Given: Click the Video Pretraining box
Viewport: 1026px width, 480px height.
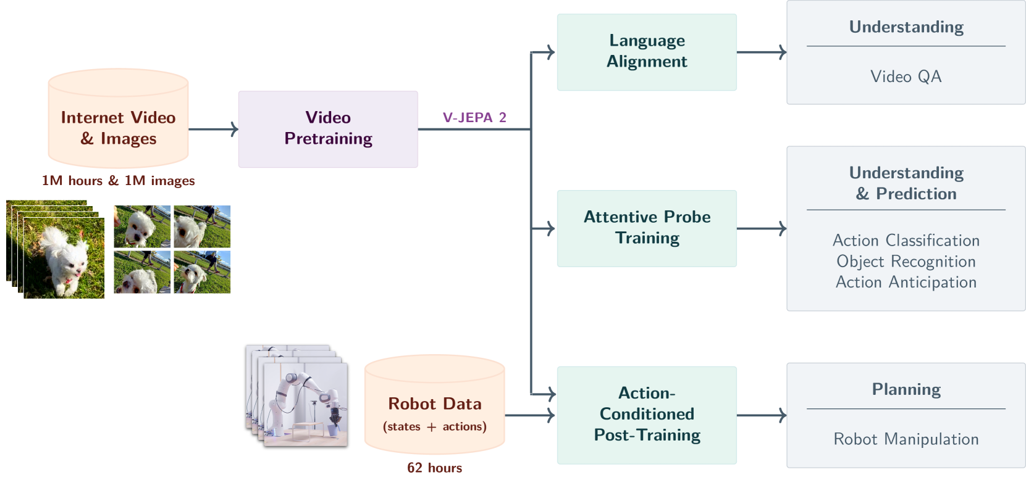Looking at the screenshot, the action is (328, 129).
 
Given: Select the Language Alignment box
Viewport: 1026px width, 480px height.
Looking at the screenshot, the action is (647, 52).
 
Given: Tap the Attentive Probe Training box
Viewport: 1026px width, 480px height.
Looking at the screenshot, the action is (647, 228).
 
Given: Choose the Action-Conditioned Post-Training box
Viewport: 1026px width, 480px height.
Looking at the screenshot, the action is (647, 415).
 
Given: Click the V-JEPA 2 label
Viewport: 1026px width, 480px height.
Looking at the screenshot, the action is (474, 118).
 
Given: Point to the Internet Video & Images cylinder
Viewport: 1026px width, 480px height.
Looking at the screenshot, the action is (118, 118).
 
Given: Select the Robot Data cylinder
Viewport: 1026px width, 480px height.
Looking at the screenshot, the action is (435, 404).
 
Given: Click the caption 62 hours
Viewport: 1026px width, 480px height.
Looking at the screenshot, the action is (435, 468).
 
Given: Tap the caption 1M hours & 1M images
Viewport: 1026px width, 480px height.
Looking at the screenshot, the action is (118, 181).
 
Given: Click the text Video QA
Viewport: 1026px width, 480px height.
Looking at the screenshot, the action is (906, 77).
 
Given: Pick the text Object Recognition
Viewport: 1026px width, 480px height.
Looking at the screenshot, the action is (906, 261).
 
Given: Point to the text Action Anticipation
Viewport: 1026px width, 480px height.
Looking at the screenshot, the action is (906, 283).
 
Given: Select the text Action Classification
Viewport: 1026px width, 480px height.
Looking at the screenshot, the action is (906, 240).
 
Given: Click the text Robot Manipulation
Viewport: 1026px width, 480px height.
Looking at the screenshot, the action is (906, 439).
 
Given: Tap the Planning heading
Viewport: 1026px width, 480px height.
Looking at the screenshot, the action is (906, 389).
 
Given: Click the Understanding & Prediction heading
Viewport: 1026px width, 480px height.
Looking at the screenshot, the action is (906, 183).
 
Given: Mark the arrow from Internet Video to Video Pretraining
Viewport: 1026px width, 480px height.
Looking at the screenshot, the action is (214, 129).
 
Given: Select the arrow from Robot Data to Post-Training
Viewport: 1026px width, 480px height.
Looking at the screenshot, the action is (530, 415).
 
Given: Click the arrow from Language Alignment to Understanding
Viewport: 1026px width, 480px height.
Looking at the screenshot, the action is (762, 52).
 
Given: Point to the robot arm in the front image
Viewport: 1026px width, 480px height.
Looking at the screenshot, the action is (307, 398).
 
